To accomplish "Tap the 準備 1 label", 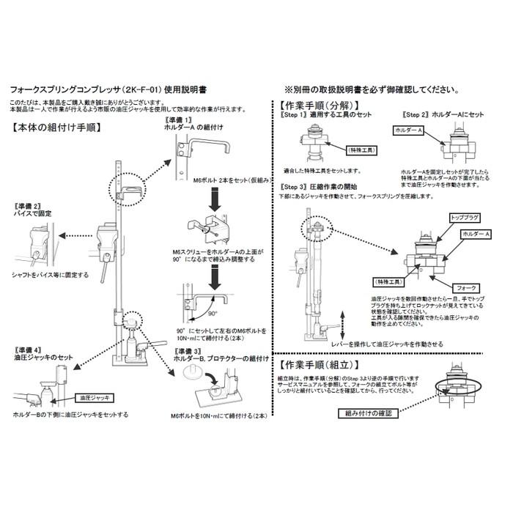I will (x=177, y=119).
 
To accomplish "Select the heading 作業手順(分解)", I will (x=320, y=104).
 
